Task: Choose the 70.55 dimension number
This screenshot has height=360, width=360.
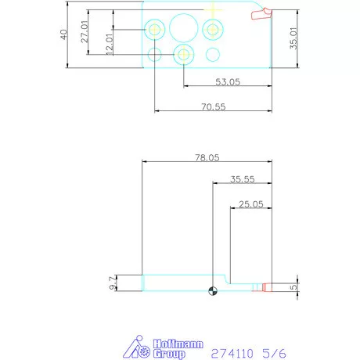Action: coord(214,106)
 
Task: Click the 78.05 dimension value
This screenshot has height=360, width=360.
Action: coord(207,157)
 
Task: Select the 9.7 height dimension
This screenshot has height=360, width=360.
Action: coord(112,283)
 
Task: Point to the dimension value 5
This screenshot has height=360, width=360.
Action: coord(294,288)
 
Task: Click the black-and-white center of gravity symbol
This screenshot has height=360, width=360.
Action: coord(213,293)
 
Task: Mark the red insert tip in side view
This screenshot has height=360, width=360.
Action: coord(266,287)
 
